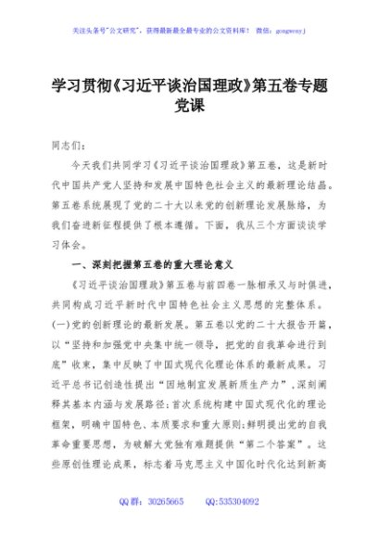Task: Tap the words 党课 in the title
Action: [x=189, y=108]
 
